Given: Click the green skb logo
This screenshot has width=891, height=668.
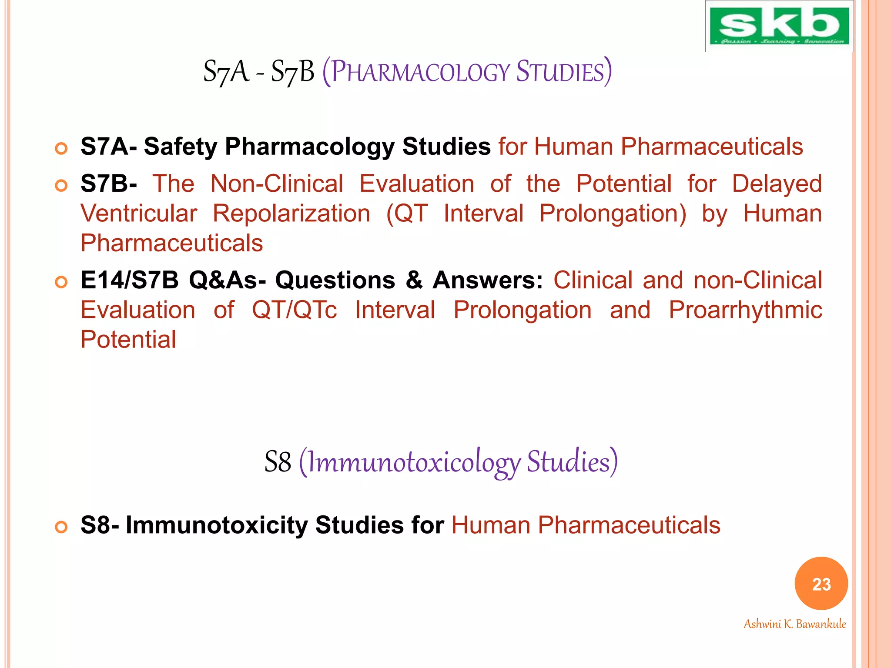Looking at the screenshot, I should click(x=779, y=26).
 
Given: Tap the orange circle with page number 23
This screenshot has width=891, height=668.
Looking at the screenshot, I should click(x=821, y=584).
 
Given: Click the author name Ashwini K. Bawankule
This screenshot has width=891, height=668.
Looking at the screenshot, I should click(x=794, y=624).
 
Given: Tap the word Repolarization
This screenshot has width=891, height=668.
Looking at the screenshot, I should click(x=291, y=214).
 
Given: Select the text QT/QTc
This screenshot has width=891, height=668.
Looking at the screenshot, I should click(x=295, y=310).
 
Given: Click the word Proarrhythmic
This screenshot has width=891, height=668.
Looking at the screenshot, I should click(x=745, y=310).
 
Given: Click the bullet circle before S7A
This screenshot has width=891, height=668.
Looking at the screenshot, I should click(x=61, y=149).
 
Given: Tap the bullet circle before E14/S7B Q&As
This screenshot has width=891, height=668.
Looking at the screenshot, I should click(x=61, y=282).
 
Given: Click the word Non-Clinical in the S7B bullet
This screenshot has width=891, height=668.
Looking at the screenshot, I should click(x=277, y=184).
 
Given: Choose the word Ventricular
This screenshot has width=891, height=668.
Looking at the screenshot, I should click(x=139, y=214).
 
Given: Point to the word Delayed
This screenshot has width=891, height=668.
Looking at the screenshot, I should click(x=777, y=184).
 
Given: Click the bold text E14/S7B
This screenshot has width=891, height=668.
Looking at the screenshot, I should click(x=130, y=280).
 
